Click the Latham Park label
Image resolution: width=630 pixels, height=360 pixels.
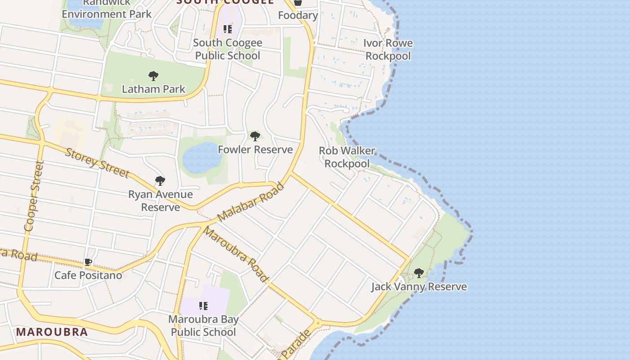153,89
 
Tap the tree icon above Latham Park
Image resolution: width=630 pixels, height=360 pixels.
153,76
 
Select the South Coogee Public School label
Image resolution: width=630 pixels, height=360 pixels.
227,49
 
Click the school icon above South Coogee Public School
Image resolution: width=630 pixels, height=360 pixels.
228,29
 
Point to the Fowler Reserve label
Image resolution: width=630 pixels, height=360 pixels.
255,149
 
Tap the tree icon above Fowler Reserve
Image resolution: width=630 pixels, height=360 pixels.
255,136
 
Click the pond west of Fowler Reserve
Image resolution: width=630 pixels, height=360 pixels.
202,158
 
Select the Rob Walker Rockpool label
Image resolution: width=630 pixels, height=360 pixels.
347,157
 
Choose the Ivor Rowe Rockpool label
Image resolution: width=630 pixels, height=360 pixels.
388,49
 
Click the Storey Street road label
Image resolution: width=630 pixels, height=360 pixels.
97,162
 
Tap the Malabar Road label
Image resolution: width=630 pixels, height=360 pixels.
251,202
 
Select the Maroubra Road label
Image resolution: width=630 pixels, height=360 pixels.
235,255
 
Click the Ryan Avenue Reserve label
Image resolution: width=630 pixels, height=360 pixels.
160,201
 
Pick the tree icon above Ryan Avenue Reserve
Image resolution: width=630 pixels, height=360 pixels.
160,181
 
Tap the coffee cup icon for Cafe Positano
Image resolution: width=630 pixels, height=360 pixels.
88,262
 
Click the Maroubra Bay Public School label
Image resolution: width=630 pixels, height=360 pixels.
203,326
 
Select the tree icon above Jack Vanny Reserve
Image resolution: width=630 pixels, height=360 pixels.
419,273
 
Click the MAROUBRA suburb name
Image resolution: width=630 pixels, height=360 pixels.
52,332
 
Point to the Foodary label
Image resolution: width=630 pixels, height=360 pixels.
298,15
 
